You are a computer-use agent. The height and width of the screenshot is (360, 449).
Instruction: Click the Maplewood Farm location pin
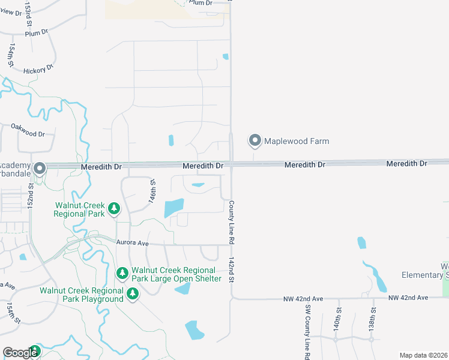pyautogui.click(x=255, y=141)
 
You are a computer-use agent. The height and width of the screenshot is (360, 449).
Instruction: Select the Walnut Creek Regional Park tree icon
pyautogui.click(x=114, y=209)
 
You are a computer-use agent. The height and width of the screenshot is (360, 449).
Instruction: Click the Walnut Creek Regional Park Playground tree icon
pyautogui.click(x=132, y=294)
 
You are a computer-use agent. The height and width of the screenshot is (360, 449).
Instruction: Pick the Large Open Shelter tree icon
pyautogui.click(x=122, y=274)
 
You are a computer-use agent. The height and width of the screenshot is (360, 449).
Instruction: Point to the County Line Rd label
pyautogui.click(x=231, y=222)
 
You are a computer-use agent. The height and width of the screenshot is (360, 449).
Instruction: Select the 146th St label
pyautogui.click(x=153, y=191)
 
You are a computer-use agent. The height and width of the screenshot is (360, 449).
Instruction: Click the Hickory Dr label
pyautogui.click(x=38, y=71)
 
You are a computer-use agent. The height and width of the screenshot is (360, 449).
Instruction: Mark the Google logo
pyautogui.click(x=20, y=353)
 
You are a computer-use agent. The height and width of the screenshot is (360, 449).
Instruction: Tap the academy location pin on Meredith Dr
pyautogui.click(x=40, y=169)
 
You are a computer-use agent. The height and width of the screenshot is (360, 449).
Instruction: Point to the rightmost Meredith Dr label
pyautogui.click(x=406, y=163)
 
